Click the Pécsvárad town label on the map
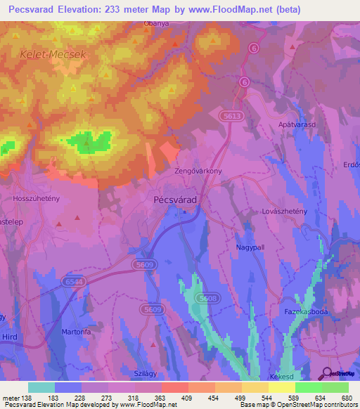point(175,200)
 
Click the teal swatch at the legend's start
point(41,387)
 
